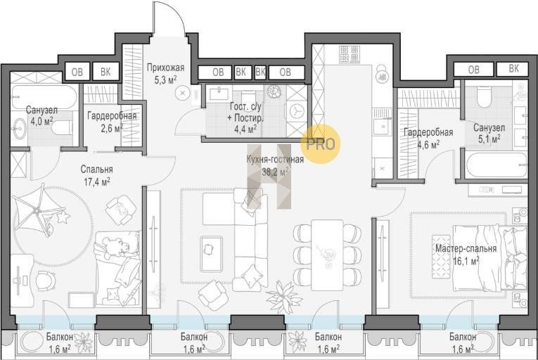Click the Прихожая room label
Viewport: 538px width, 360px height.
(166, 67)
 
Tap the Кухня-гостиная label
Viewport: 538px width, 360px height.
(275, 159)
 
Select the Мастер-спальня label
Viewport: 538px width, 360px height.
(466, 248)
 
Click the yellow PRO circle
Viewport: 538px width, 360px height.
(321, 143)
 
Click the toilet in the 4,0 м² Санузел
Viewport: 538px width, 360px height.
(62, 128)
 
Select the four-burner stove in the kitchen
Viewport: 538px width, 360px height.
(350, 54)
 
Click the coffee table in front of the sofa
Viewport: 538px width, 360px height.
(212, 250)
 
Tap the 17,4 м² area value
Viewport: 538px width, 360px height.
(97, 181)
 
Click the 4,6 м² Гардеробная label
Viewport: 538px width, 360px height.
(428, 138)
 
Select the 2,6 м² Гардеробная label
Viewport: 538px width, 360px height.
(112, 122)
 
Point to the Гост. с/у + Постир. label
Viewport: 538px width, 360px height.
(245, 117)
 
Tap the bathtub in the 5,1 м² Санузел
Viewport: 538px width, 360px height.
(497, 165)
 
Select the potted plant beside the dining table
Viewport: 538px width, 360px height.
(284, 294)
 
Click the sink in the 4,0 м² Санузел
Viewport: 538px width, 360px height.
(19, 129)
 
